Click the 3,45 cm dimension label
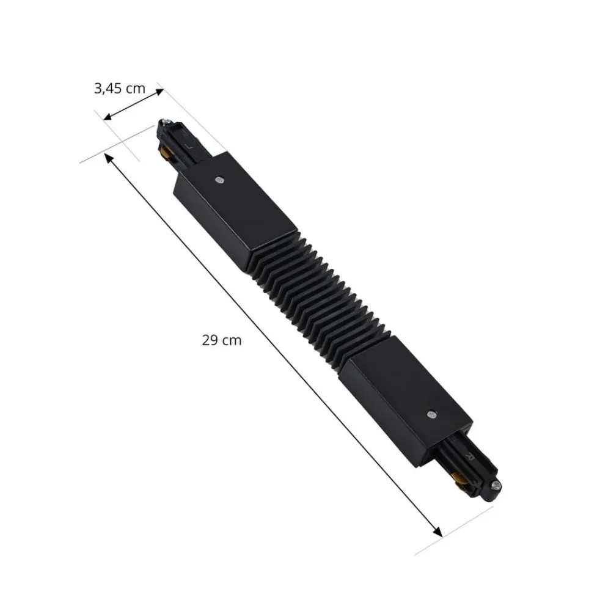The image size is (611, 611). [x=120, y=88]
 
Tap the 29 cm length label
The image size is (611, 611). [x=222, y=340]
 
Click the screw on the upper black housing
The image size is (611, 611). [x=219, y=180]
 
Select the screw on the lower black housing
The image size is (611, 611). [x=433, y=414]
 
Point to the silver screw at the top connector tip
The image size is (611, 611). [x=164, y=123]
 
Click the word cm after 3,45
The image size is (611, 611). [x=135, y=88]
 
